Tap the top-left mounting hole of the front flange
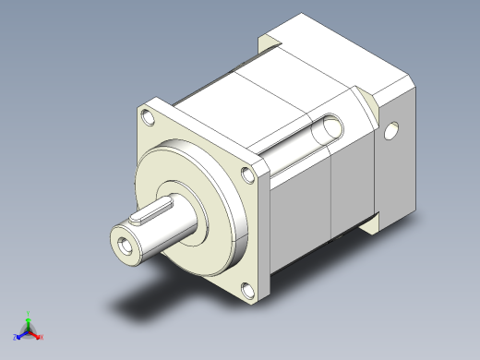(149, 117)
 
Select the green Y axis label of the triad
(30, 313)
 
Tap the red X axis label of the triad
(42, 337)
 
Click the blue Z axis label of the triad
(16, 337)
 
